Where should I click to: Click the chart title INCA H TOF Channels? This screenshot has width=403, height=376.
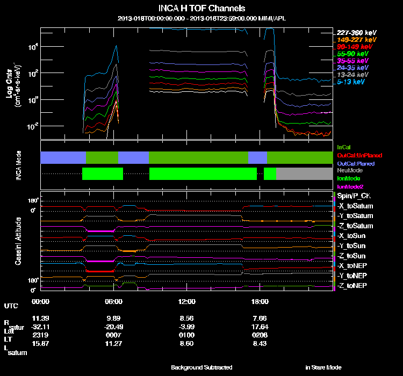pos(201,9)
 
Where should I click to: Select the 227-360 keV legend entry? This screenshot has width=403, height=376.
pos(356,32)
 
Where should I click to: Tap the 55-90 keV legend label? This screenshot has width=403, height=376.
pos(354,54)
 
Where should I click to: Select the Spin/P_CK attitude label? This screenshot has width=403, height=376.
pos(352,196)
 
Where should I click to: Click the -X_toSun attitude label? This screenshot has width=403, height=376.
pos(351,236)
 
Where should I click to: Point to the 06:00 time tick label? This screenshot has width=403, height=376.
pos(114,301)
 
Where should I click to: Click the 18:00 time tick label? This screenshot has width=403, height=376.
pos(260,301)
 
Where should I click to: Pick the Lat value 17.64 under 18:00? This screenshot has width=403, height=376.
pos(260,327)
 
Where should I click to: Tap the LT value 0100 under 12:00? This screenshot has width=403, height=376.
pos(186,335)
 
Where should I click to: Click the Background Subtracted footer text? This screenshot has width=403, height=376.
pos(201,367)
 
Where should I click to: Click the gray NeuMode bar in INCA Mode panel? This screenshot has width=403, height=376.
pos(304,173)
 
